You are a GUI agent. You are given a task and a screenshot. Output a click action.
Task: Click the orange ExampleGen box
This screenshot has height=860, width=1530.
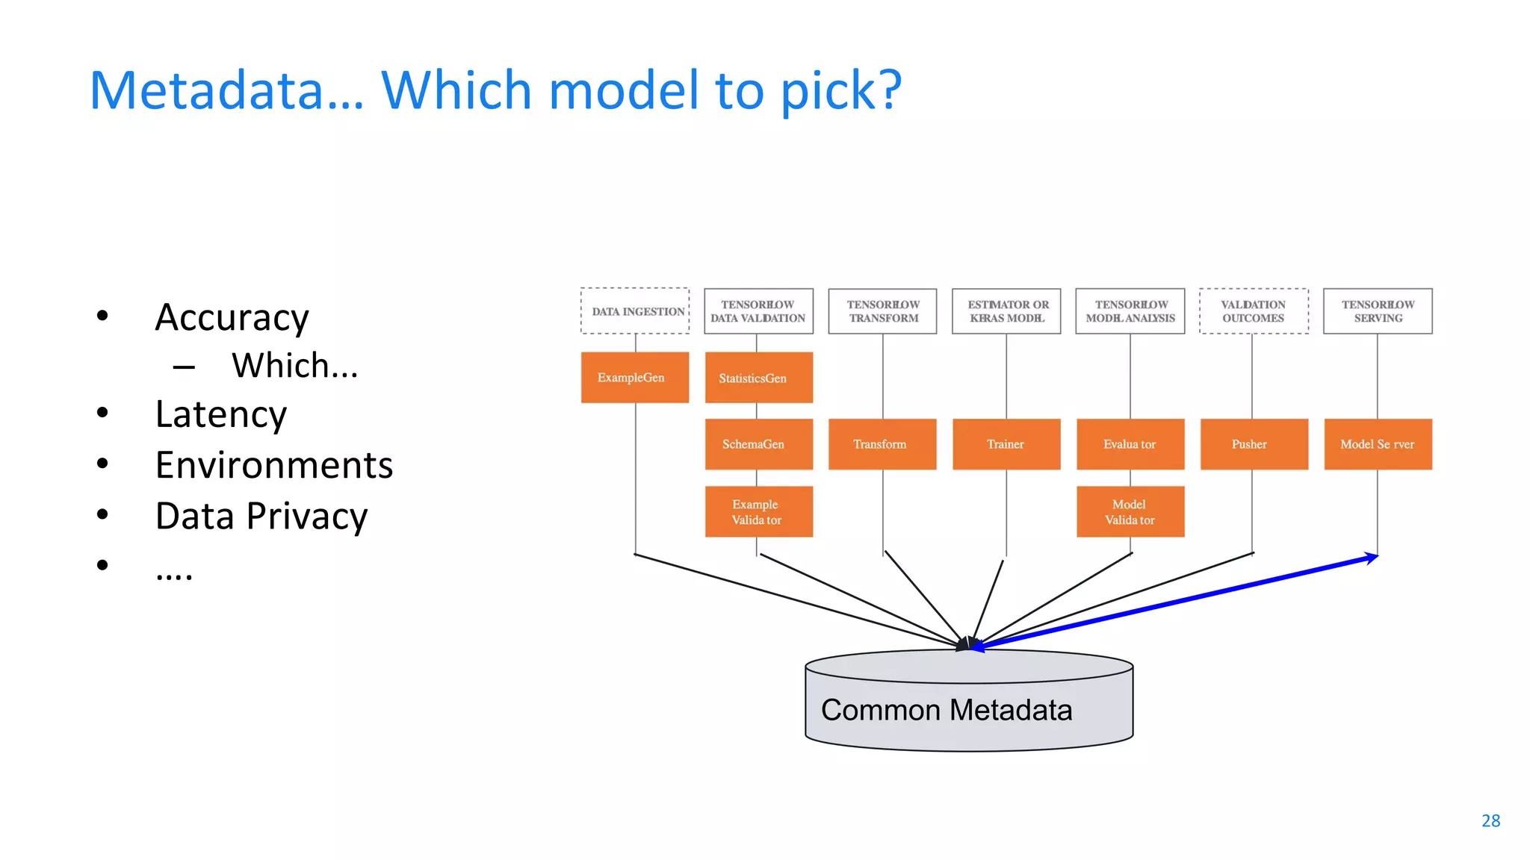(634, 378)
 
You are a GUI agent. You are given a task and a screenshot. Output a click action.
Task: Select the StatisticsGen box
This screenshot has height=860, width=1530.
(758, 378)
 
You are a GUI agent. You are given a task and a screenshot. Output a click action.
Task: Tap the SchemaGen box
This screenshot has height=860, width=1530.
(758, 444)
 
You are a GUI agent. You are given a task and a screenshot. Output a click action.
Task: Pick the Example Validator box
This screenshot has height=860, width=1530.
(758, 511)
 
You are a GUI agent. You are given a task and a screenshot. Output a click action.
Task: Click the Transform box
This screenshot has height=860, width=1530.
(882, 444)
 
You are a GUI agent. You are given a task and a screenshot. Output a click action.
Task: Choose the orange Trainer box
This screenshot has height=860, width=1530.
(1006, 444)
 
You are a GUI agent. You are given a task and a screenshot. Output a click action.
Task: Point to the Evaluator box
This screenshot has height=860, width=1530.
(1130, 444)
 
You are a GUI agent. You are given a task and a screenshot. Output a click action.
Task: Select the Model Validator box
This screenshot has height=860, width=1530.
(1130, 511)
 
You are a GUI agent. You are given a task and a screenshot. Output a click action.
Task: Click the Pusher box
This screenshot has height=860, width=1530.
(1254, 444)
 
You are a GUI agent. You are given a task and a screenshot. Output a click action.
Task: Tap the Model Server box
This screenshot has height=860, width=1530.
(1378, 444)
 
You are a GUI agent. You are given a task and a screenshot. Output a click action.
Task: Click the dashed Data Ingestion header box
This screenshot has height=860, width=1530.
(635, 311)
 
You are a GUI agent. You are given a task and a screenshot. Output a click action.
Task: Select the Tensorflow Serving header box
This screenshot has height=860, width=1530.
(1378, 311)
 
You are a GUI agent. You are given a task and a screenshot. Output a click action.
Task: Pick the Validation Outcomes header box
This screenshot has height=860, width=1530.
(1254, 311)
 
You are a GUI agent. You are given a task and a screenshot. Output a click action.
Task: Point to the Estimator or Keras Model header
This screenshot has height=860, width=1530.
(1006, 311)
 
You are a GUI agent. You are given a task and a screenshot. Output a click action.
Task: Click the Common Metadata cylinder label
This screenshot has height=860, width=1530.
(946, 710)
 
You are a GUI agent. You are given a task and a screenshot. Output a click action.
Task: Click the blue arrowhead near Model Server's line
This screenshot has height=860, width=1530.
(1372, 558)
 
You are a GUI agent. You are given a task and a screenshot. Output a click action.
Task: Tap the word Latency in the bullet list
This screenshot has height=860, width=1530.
(221, 414)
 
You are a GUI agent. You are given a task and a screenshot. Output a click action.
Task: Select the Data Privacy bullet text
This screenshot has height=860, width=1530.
(261, 516)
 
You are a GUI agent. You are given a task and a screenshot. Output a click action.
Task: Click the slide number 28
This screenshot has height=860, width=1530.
(1490, 820)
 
